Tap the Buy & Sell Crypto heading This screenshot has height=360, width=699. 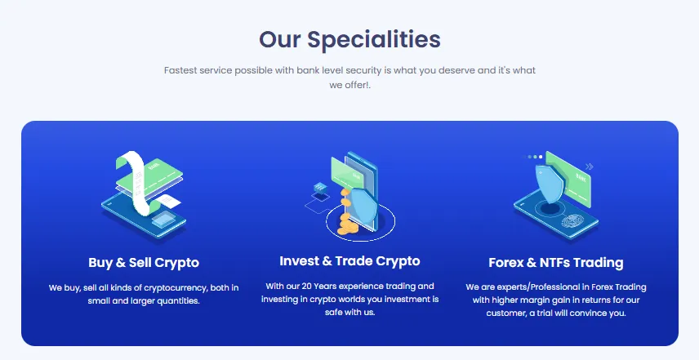click(x=144, y=263)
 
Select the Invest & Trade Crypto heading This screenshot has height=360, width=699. click(x=349, y=261)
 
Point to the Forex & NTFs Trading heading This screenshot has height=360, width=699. click(x=555, y=263)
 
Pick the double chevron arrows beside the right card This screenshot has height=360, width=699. click(x=590, y=167)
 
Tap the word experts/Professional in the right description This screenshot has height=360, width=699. click(x=517, y=287)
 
